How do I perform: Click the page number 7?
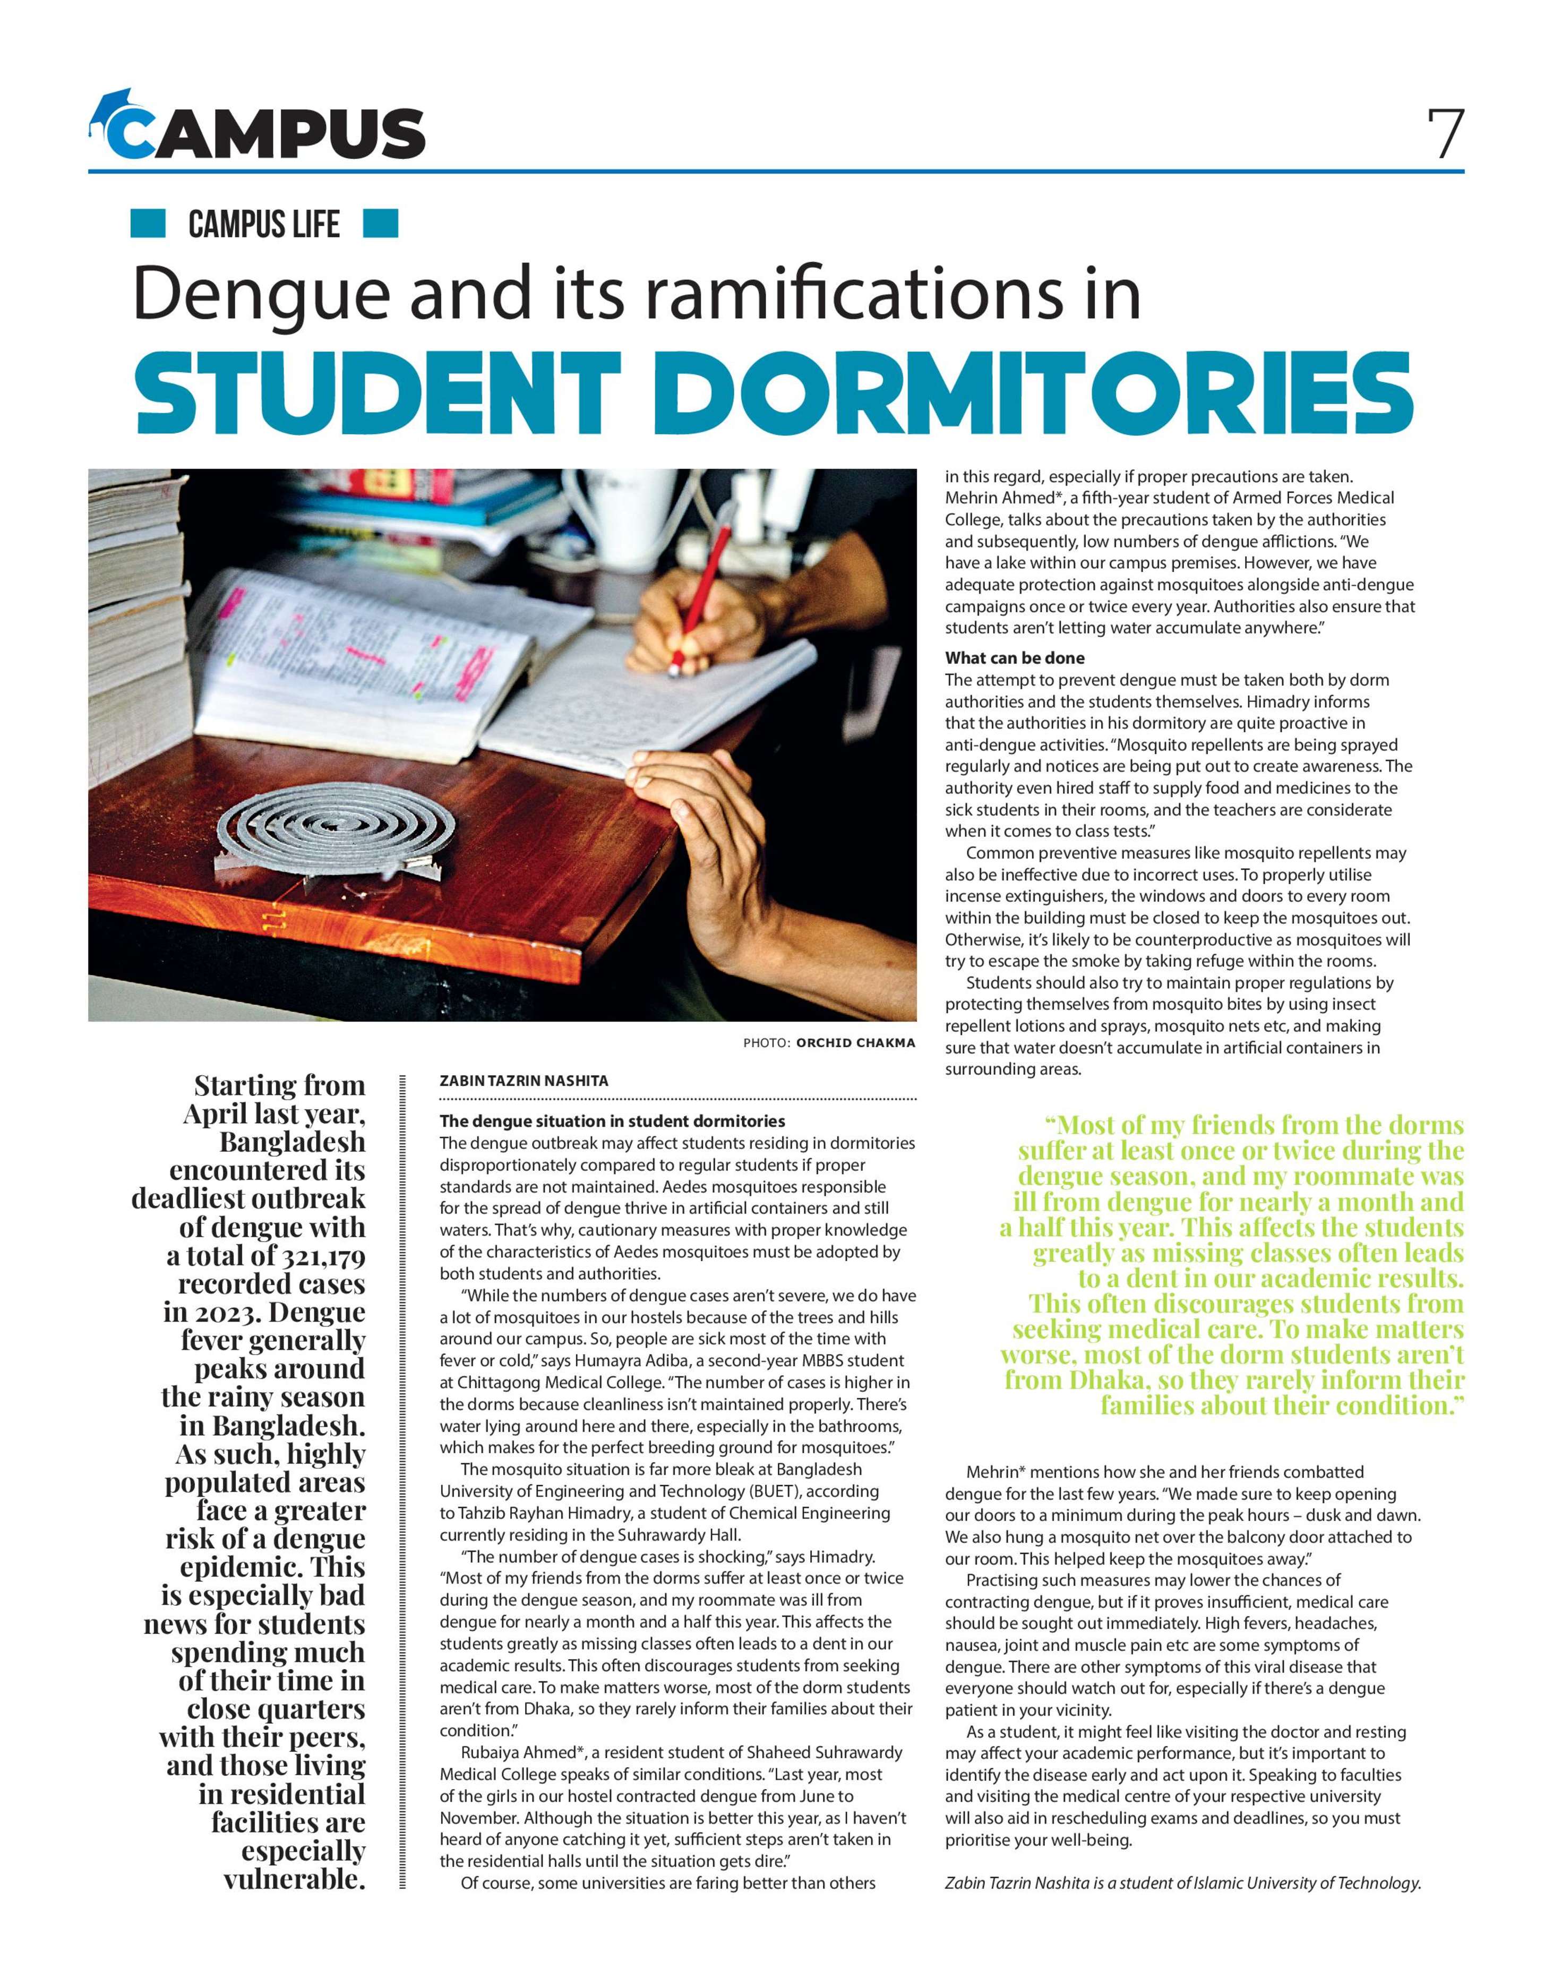1445,134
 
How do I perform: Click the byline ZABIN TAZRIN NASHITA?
524,1081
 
